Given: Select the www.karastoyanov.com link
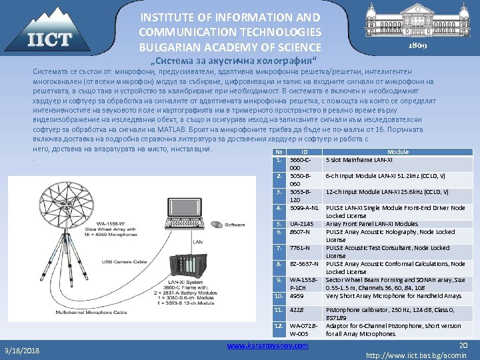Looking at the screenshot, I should [267, 345].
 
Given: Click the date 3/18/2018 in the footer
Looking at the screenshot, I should [21, 350].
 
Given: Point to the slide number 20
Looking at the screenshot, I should [464, 343].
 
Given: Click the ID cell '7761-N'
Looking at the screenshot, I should [300, 248].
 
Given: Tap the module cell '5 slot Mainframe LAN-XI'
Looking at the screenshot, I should [360, 160].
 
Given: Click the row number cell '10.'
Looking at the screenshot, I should [280, 295].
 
